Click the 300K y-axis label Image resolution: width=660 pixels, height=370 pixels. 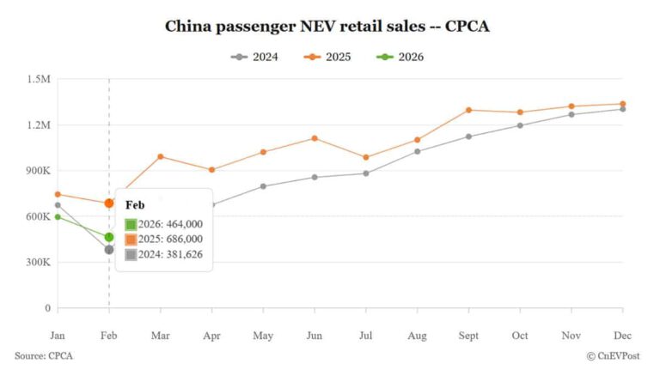click(x=38, y=262)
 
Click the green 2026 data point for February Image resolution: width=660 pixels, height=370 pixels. click(x=109, y=237)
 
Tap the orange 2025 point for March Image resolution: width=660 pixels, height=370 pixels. click(x=160, y=156)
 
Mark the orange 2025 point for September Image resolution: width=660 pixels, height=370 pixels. click(x=468, y=110)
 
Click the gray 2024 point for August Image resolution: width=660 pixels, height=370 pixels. click(x=417, y=151)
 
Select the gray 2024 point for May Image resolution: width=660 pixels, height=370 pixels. click(x=263, y=186)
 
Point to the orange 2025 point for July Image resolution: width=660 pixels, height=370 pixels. click(x=365, y=157)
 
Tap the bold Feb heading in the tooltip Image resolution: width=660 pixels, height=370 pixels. click(x=135, y=205)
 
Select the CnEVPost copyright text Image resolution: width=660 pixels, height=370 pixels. click(x=615, y=355)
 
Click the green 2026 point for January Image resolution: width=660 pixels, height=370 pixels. click(x=58, y=216)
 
